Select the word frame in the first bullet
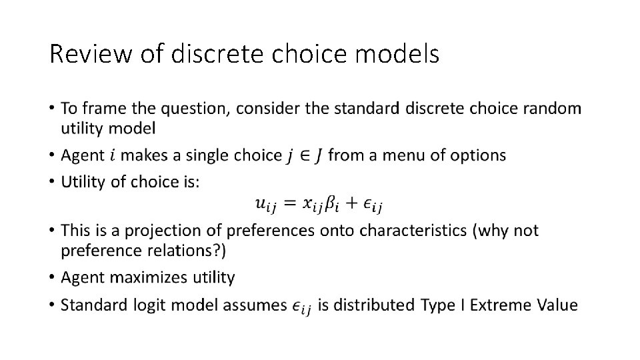tap(108, 108)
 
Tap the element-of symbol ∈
tap(303, 156)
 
